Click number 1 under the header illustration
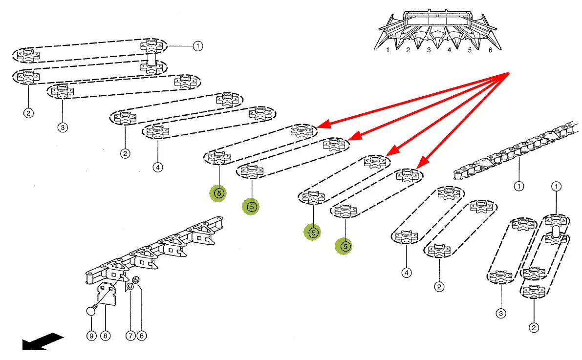click(x=388, y=50)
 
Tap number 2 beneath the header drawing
click(x=408, y=50)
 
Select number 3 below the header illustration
click(x=429, y=50)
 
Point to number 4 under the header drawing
click(x=449, y=50)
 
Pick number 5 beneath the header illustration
click(x=470, y=50)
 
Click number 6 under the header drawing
click(x=490, y=50)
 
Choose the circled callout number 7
click(x=130, y=336)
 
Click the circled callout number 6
click(x=142, y=336)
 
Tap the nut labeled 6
click(x=137, y=280)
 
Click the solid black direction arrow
click(x=42, y=341)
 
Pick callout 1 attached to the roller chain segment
click(x=518, y=186)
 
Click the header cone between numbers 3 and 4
click(x=439, y=37)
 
